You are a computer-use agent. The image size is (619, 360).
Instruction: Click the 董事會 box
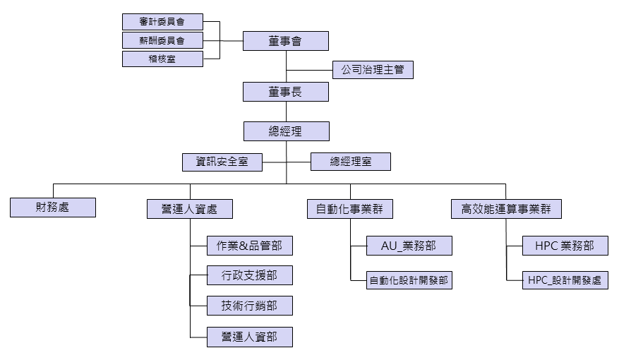pyautogui.click(x=286, y=41)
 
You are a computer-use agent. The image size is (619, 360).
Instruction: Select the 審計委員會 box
pyautogui.click(x=162, y=22)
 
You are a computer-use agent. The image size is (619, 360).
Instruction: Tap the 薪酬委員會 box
pyautogui.click(x=162, y=40)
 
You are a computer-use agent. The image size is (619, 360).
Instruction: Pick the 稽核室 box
pyautogui.click(x=162, y=59)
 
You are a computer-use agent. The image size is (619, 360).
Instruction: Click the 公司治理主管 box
pyautogui.click(x=373, y=71)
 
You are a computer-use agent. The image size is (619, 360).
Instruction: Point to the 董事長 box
pyautogui.click(x=286, y=92)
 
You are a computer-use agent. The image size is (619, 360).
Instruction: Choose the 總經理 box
pyautogui.click(x=286, y=131)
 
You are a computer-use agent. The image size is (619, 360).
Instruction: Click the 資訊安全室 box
pyautogui.click(x=222, y=162)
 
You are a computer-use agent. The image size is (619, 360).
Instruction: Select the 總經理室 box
pyautogui.click(x=351, y=162)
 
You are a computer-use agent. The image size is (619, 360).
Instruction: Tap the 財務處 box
pyautogui.click(x=53, y=208)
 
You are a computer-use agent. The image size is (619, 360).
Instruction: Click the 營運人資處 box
pyautogui.click(x=190, y=209)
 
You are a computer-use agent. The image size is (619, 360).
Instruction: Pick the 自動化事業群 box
pyautogui.click(x=350, y=209)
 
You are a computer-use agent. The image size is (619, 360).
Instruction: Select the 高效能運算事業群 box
pyautogui.click(x=506, y=209)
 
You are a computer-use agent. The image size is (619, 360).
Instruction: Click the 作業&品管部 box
pyautogui.click(x=249, y=246)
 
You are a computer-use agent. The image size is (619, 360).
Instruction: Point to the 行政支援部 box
pyautogui.click(x=249, y=276)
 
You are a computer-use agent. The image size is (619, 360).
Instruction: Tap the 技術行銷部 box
pyautogui.click(x=249, y=306)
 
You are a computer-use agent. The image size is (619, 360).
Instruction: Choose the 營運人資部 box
pyautogui.click(x=249, y=337)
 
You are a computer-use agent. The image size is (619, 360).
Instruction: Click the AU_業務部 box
pyautogui.click(x=409, y=246)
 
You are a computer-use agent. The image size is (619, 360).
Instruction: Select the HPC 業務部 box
pyautogui.click(x=565, y=246)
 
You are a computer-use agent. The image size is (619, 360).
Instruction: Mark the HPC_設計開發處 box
pyautogui.click(x=565, y=280)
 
